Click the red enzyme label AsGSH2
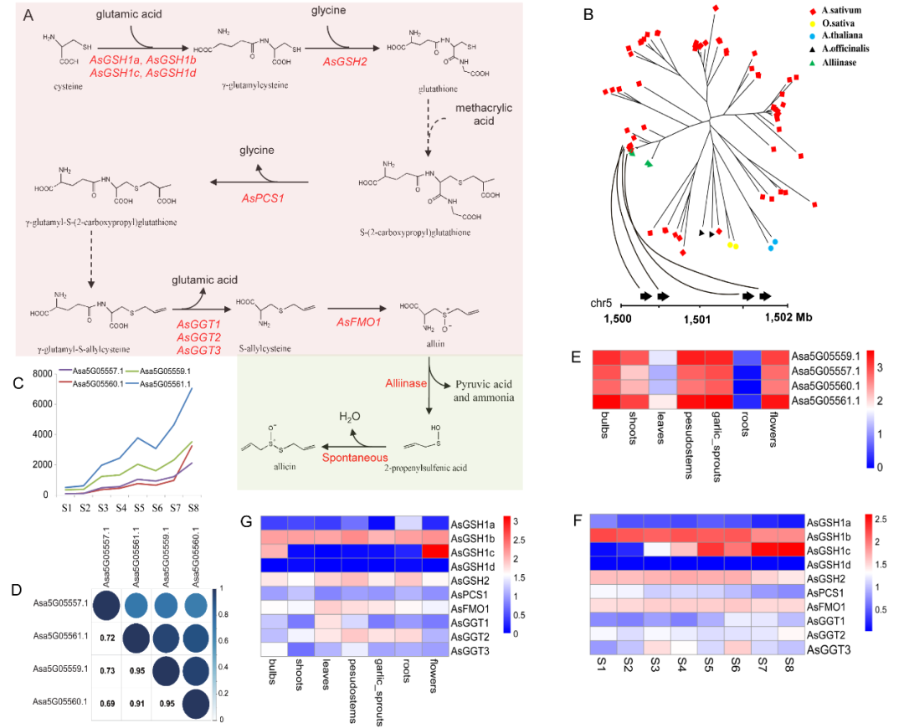pyautogui.click(x=346, y=61)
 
